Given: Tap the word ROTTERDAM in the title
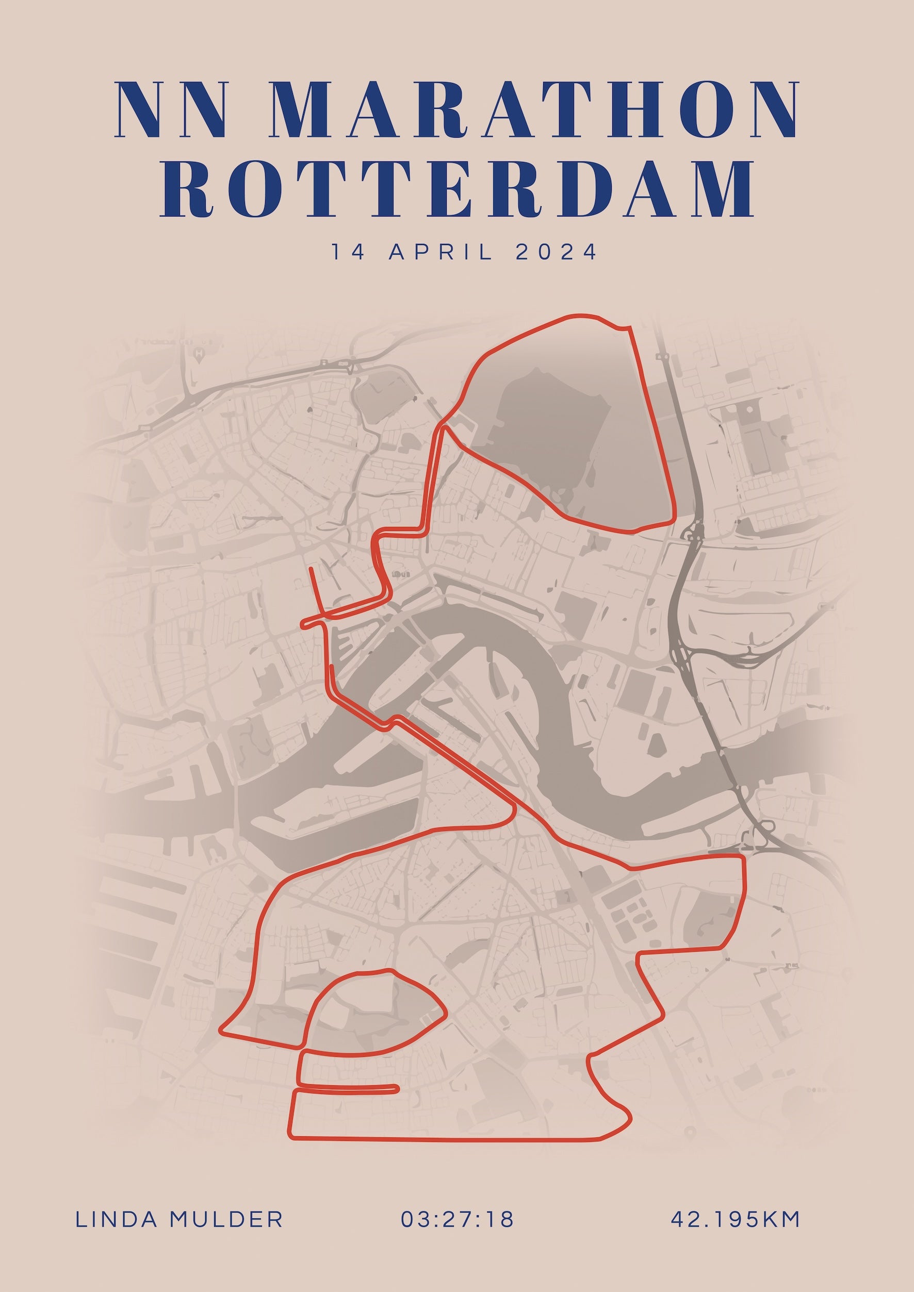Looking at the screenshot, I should [x=457, y=190].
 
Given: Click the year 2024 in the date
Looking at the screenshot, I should [x=556, y=252].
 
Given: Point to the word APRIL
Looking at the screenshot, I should [x=440, y=252].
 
